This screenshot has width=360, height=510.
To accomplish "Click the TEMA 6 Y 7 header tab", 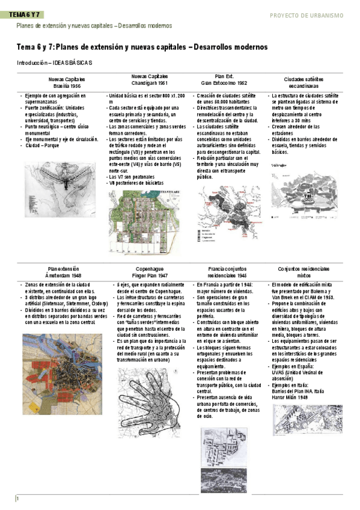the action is (27, 14).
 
